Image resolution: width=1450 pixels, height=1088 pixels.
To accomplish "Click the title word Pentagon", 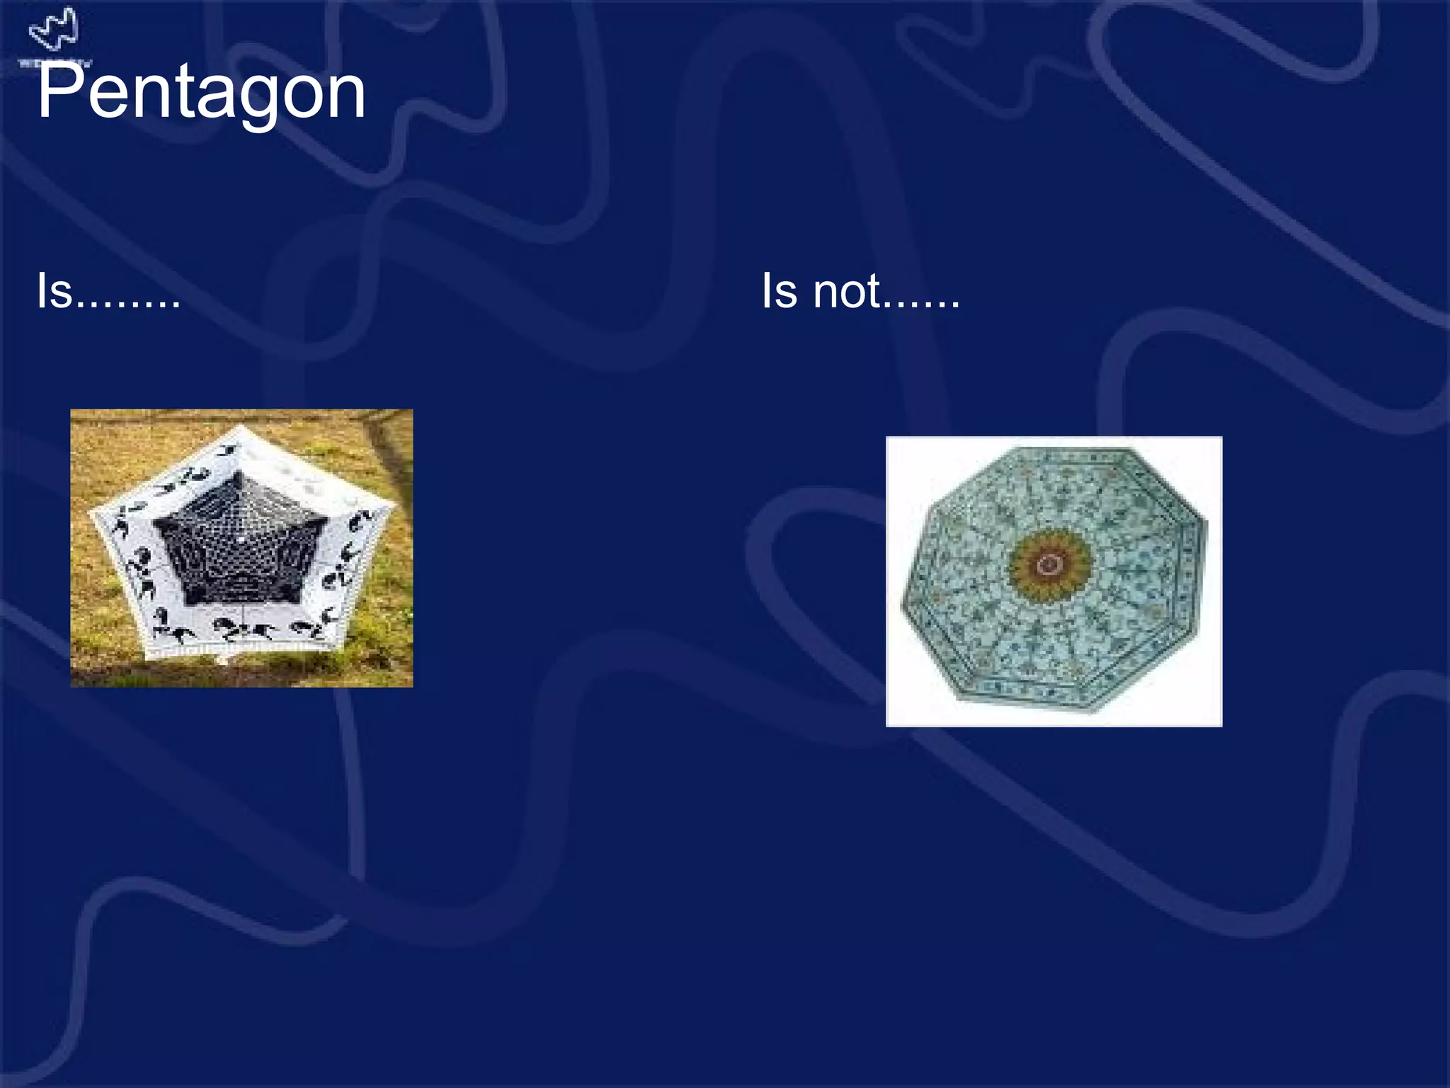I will [201, 93].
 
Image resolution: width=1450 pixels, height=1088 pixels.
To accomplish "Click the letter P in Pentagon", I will [59, 91].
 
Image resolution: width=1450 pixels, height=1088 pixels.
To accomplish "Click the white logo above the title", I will [54, 30].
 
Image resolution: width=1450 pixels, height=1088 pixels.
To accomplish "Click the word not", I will [847, 291].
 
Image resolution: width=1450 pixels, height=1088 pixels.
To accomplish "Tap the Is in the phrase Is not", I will [780, 291].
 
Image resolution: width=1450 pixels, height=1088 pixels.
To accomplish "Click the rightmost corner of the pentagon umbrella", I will [394, 505].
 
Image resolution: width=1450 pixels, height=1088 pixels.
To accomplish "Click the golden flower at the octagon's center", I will [1049, 565].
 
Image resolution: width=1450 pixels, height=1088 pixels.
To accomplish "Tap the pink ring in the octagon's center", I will [1049, 565].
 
